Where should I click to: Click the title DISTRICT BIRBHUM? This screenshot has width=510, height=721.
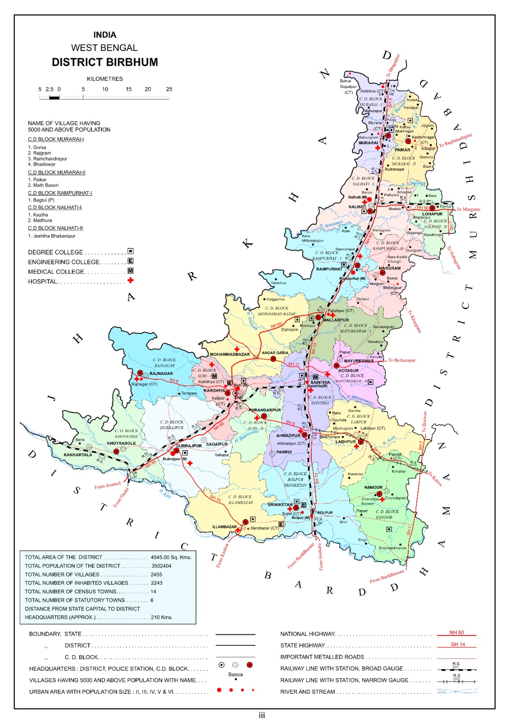[x=105, y=62]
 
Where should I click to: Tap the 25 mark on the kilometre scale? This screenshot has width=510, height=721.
[x=169, y=89]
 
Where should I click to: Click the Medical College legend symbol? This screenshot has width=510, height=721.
[x=130, y=271]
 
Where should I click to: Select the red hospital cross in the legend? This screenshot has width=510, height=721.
[x=130, y=280]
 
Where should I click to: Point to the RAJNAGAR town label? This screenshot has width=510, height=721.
[x=161, y=373]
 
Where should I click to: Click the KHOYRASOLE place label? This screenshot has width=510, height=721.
[x=121, y=443]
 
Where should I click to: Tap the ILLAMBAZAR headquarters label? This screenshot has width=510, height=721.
[x=224, y=526]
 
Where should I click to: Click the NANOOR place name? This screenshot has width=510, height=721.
[x=373, y=487]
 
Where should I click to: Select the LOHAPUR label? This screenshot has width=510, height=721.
[x=432, y=214]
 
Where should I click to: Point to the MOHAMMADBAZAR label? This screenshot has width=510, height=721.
[x=229, y=354]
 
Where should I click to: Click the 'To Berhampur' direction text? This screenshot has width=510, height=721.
[x=402, y=360]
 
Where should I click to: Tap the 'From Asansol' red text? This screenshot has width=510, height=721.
[x=107, y=485]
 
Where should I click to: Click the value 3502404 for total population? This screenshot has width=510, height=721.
[x=161, y=566]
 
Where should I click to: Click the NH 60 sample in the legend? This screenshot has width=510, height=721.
[x=456, y=633]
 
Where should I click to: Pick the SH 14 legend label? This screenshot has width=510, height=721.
[x=457, y=644]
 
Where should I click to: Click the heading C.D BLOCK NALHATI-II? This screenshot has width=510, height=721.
[x=55, y=228]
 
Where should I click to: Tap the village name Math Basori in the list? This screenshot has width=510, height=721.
[x=46, y=185]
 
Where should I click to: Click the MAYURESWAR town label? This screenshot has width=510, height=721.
[x=359, y=360]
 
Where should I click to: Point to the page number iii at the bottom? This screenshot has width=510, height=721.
[x=262, y=715]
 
